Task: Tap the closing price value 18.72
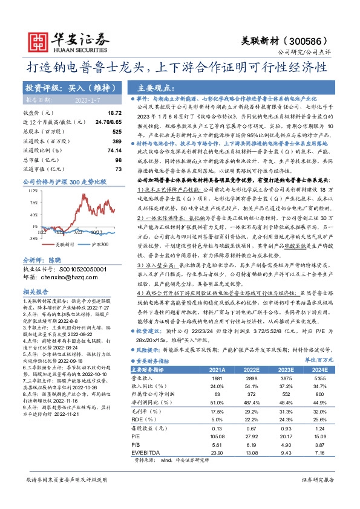pos(114,113)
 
